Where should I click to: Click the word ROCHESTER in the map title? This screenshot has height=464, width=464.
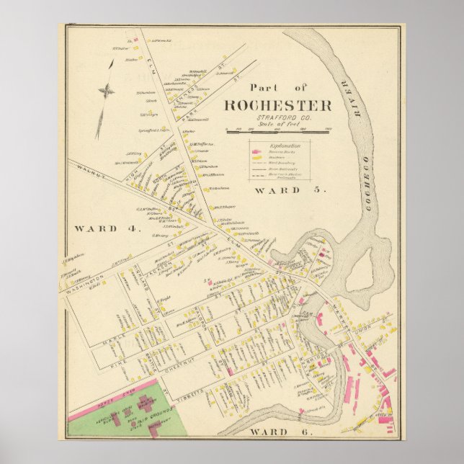pyautogui.click(x=277, y=105)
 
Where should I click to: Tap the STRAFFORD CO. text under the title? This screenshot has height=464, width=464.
pyautogui.click(x=277, y=118)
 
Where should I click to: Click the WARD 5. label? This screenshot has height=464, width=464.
pyautogui.click(x=290, y=191)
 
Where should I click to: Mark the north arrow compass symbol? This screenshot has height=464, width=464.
pyautogui.click(x=107, y=91)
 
